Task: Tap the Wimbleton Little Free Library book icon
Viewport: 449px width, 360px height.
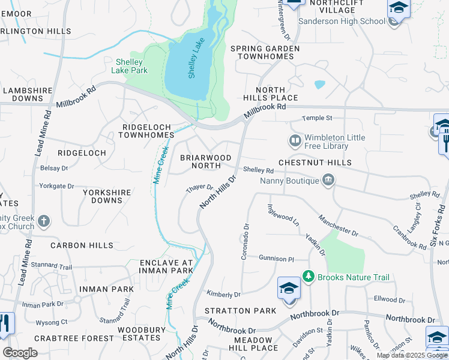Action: coord(295,142)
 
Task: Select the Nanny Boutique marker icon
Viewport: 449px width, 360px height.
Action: coord(328,179)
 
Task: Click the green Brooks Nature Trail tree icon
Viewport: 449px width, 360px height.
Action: coord(309,277)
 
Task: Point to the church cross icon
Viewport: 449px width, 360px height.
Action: coord(43,221)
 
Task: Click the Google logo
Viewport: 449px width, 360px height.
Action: coord(20,353)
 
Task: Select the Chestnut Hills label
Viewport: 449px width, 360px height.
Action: coord(315,163)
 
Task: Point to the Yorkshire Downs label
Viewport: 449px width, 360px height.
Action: coord(98,196)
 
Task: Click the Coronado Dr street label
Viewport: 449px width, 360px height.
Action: coord(245,242)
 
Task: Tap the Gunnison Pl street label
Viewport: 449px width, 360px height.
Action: coord(276,259)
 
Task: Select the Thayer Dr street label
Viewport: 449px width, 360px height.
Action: coord(199,188)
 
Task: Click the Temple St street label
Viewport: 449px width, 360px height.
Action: coord(317,118)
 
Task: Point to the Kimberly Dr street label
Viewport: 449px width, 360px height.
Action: coord(223,294)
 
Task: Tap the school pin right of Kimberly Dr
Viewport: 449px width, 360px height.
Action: coord(289,288)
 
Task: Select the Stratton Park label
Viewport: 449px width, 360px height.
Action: coord(240,311)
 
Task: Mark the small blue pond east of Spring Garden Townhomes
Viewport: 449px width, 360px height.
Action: coord(319,85)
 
